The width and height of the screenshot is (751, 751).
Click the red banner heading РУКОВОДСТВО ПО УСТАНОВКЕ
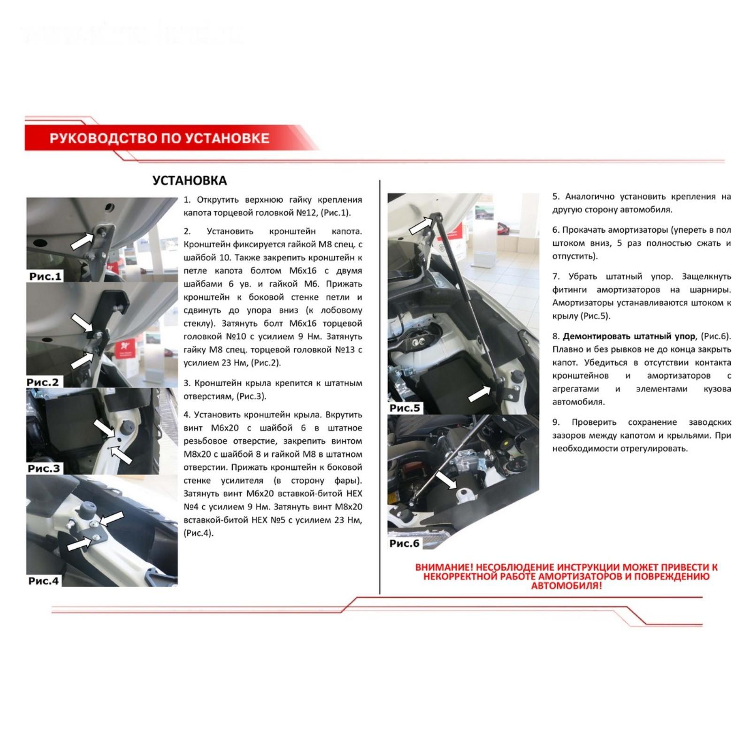160,138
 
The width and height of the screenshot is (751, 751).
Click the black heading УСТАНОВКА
190,181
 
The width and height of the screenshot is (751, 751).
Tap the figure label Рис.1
45,276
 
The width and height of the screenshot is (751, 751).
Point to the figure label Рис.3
44,468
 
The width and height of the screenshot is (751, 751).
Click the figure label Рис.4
44,581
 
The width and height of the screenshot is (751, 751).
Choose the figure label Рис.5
405,408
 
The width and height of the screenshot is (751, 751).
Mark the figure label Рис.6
404,543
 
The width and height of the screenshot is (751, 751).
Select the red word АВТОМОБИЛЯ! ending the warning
566,585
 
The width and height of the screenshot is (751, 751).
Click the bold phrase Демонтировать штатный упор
629,336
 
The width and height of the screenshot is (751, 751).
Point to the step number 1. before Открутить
187,199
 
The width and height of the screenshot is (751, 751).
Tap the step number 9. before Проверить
556,422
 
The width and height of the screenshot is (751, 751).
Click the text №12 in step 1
307,213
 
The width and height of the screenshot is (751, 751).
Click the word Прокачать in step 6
584,230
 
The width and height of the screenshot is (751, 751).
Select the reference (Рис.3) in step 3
251,396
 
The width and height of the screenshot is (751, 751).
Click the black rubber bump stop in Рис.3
128,428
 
